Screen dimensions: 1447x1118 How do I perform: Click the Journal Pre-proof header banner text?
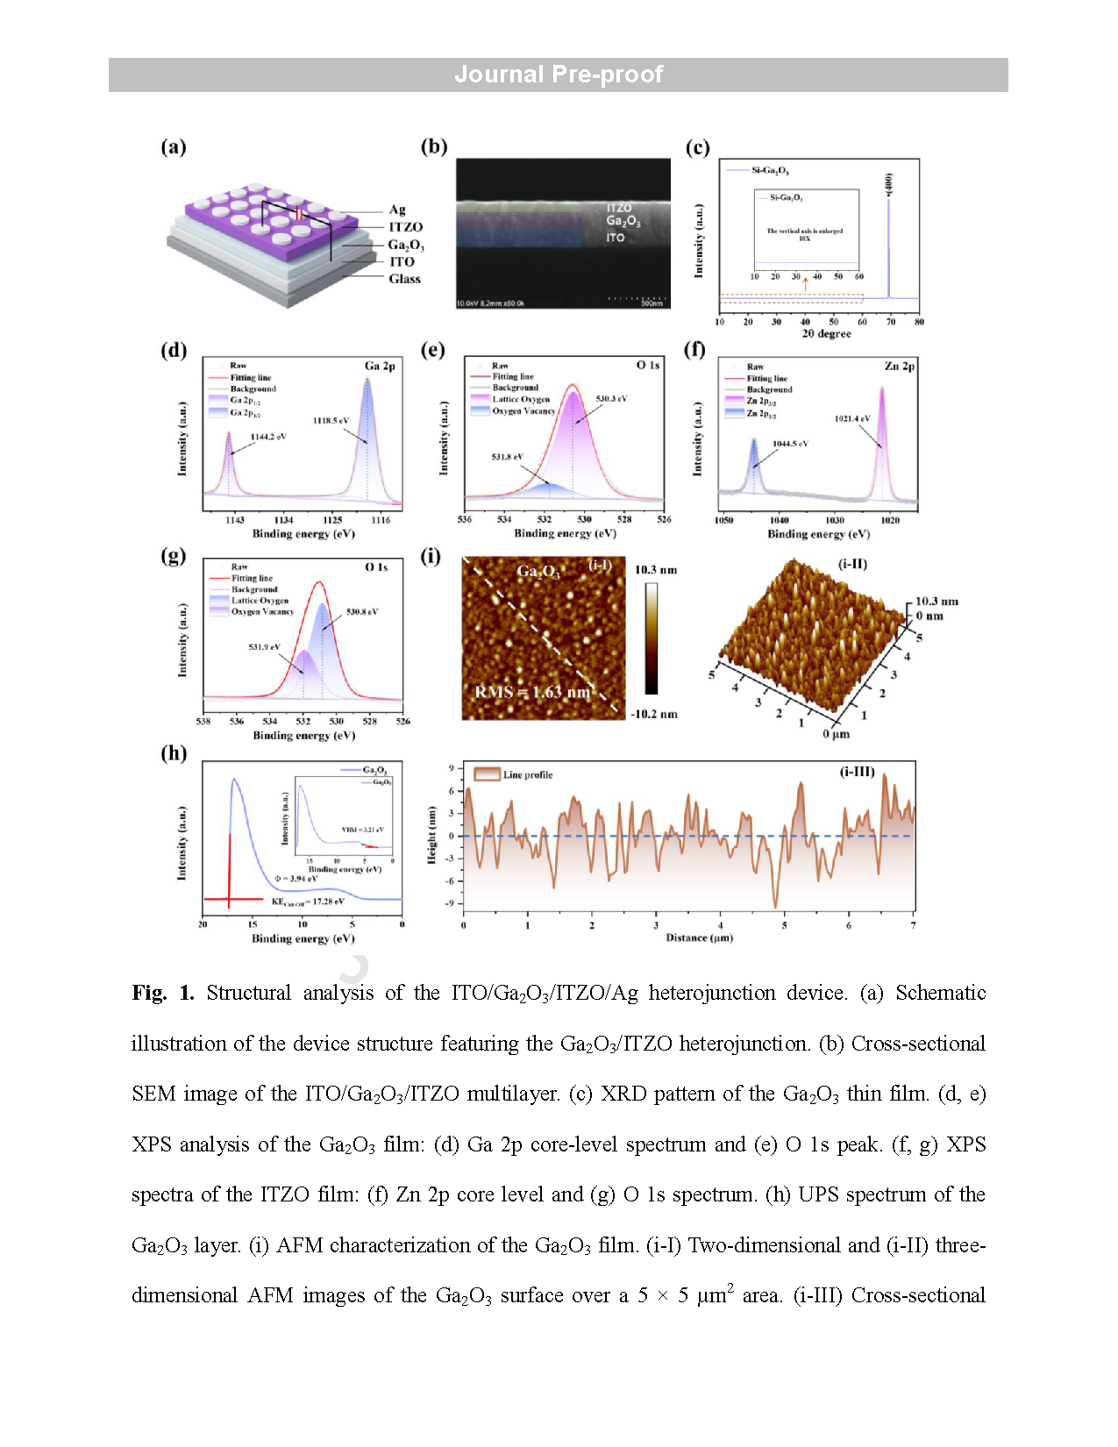[x=559, y=75]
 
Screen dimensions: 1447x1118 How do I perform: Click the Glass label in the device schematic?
[x=404, y=279]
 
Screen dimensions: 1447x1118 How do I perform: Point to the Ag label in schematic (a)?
[x=397, y=210]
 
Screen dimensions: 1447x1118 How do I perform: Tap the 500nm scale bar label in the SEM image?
[x=652, y=303]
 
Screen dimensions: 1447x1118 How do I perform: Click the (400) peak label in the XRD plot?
[x=888, y=183]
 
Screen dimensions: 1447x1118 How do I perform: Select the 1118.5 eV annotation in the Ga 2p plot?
[x=331, y=421]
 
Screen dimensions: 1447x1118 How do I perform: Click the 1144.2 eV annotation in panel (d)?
[x=268, y=437]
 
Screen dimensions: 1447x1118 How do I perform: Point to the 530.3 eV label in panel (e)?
[x=611, y=399]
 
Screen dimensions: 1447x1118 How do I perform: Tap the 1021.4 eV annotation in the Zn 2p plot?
[x=852, y=418]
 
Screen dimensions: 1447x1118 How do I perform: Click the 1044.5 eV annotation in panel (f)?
[x=790, y=444]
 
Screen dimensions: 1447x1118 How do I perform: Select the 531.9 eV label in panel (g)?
[x=264, y=647]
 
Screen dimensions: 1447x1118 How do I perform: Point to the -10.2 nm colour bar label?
[x=654, y=714]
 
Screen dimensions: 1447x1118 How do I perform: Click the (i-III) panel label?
[x=857, y=772]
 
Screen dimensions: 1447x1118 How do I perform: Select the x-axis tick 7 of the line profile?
[x=913, y=925]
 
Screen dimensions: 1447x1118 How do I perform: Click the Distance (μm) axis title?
[x=699, y=937]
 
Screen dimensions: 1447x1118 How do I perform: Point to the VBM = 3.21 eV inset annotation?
[x=362, y=830]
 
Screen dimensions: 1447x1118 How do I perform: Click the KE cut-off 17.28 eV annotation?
[x=308, y=902]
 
